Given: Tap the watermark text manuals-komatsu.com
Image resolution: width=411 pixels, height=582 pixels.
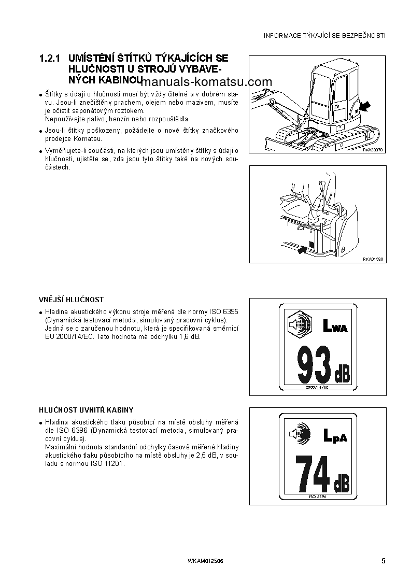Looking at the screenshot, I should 206,82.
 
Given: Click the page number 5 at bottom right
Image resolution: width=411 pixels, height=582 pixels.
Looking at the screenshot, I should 383,561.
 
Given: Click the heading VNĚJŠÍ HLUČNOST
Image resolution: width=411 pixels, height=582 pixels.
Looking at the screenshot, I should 71,300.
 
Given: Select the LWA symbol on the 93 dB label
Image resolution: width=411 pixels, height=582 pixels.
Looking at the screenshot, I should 335,327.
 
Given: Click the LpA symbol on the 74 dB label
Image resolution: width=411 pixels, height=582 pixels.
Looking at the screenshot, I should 335,436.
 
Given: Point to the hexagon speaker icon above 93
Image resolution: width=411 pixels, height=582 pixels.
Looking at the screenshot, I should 299,325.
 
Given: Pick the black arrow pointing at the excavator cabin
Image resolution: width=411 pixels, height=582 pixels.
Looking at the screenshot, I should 364,107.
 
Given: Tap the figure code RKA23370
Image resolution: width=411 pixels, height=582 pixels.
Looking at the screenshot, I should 372,149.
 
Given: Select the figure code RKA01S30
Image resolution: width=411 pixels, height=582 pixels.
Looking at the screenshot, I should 373,259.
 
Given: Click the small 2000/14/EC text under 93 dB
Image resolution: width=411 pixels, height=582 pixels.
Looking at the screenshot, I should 317,387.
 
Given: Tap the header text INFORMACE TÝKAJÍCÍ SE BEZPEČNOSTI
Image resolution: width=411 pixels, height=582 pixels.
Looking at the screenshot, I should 324,36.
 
